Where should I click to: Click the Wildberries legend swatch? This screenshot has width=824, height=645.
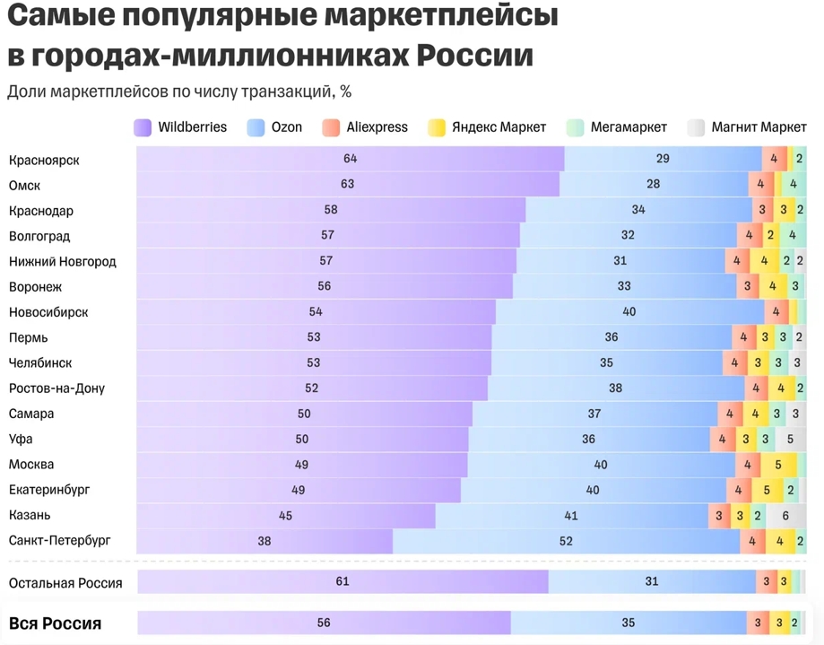coord(142,127)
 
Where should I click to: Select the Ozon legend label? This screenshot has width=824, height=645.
coord(287,127)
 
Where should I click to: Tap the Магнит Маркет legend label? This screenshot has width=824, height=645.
coord(759,127)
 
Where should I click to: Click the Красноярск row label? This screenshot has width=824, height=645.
coord(44,161)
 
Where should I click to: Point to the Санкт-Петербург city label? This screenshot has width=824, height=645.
coord(60,541)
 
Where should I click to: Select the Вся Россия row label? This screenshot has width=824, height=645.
coord(55,623)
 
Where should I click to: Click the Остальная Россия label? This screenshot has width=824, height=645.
coord(65,582)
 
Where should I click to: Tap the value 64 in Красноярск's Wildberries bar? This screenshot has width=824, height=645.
coord(350,159)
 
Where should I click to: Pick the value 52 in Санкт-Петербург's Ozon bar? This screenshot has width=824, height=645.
coord(566,541)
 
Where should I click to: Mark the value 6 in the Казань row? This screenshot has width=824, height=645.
coord(785,516)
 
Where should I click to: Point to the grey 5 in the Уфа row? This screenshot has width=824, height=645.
coord(790,440)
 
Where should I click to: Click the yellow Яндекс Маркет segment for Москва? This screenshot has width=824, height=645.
coord(778,465)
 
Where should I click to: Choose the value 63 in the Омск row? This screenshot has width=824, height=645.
coord(347,184)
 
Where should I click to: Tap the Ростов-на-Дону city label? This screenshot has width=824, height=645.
coord(56,388)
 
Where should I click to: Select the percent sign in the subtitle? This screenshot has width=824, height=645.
coord(345,92)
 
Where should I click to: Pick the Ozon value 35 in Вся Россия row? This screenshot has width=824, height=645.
coord(628,623)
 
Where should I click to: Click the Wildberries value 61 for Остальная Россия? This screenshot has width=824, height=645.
coord(342,581)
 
